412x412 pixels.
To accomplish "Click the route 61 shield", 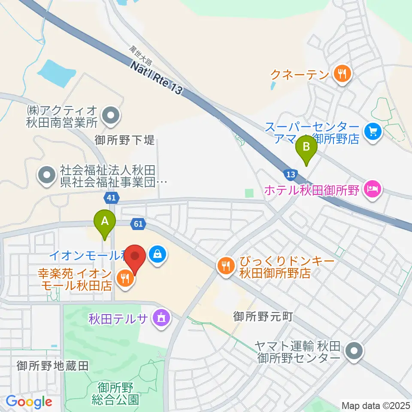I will click(138, 224).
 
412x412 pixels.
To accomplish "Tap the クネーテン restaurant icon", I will click(342, 74).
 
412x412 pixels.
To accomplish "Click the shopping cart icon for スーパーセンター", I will click(372, 130).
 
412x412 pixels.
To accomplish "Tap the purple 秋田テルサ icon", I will click(162, 319).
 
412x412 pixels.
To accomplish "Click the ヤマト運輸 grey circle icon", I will click(354, 351).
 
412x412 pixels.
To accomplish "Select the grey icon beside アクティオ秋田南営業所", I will click(111, 115).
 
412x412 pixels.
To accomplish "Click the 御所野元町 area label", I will click(263, 317).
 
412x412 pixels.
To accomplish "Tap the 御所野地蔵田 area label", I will click(52, 366).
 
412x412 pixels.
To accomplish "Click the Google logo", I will click(29, 402).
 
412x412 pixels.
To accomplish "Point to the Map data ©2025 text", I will click(376, 405).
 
